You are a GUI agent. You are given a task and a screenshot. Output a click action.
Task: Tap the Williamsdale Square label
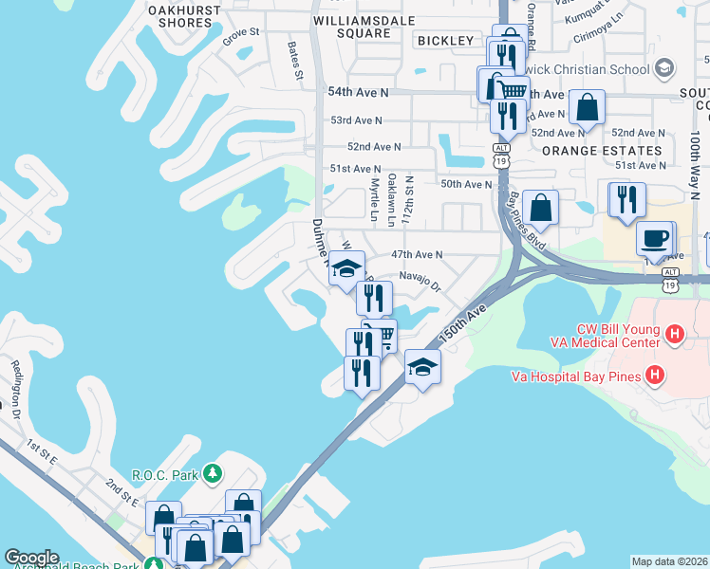point(352,26)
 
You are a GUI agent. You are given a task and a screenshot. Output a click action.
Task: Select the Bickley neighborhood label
point(444,41)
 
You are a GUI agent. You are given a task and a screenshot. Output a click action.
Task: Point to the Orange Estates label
point(602,151)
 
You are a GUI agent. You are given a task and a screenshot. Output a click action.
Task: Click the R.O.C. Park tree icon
point(215,472)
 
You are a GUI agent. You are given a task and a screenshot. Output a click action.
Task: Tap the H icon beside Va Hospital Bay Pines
point(654,376)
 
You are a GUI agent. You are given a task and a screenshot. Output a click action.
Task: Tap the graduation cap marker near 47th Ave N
point(347,266)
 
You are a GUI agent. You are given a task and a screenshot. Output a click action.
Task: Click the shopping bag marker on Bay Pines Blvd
point(540,206)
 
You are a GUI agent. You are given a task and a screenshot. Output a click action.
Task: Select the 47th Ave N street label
point(418,255)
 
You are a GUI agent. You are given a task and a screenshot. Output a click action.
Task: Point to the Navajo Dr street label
point(420,279)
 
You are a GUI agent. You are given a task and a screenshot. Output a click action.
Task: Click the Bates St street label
point(297,60)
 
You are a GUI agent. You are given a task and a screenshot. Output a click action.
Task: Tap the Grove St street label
point(241,32)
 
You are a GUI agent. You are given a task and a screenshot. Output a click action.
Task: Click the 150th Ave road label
point(463,322)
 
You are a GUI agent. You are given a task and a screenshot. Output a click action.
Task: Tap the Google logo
point(31,558)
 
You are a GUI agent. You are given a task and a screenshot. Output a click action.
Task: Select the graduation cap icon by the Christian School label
point(663,68)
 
